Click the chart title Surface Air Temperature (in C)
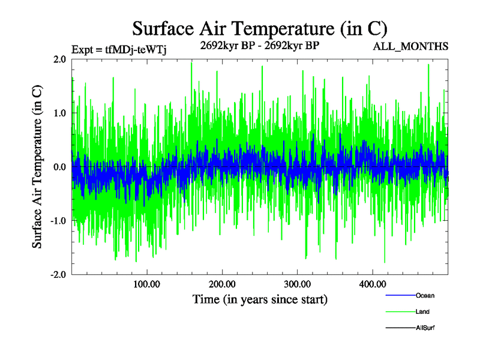click(x=259, y=28)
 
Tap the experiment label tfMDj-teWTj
click(x=118, y=49)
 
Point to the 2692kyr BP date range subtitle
click(x=259, y=44)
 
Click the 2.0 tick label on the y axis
click(x=59, y=59)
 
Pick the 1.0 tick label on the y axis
click(x=59, y=113)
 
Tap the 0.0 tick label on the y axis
click(x=59, y=167)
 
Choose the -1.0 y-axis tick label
click(x=58, y=221)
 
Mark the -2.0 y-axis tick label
click(x=58, y=274)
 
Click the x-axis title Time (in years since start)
click(x=260, y=299)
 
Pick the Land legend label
click(x=422, y=311)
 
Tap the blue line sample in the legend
click(x=399, y=295)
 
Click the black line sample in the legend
click(x=399, y=328)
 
